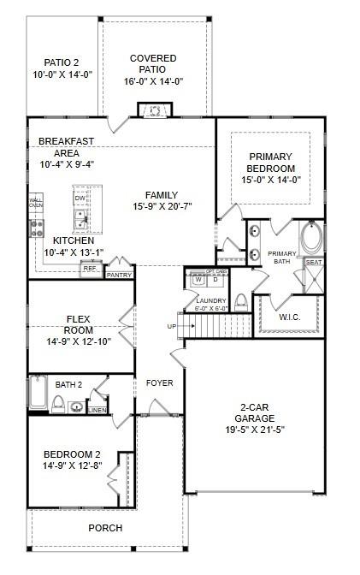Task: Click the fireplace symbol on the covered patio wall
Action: tap(154, 110)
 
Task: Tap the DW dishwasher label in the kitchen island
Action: tap(80, 199)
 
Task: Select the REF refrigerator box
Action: tap(90, 269)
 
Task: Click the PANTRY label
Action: tap(119, 275)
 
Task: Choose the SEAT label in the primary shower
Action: tap(314, 263)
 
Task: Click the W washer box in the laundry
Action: tap(198, 279)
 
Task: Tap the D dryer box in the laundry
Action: tap(215, 279)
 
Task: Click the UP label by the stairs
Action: tap(171, 326)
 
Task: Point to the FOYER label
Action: tap(159, 382)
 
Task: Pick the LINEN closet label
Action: tap(98, 410)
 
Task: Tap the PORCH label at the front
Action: tap(105, 528)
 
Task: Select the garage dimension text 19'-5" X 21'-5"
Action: tap(255, 431)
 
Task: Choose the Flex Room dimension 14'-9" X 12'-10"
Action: tap(79, 341)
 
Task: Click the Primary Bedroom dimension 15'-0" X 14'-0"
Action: tap(270, 180)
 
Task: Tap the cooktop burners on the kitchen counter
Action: tap(37, 227)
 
